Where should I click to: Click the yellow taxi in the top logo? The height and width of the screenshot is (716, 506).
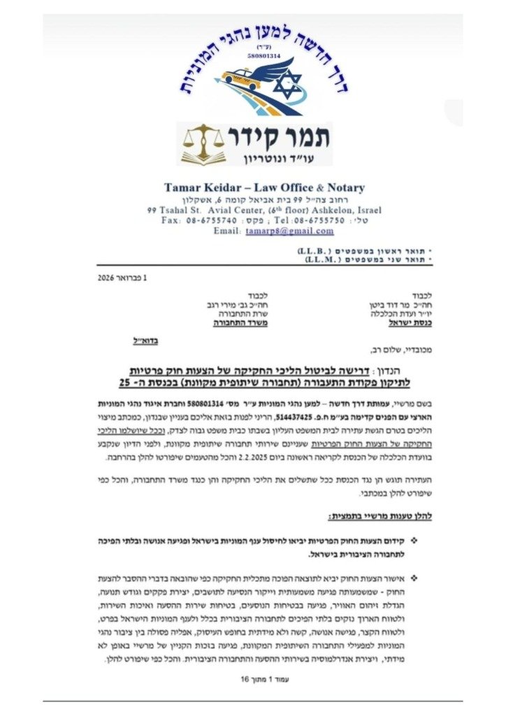[x=241, y=78]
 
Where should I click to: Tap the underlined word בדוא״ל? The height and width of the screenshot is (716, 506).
[x=145, y=341]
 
